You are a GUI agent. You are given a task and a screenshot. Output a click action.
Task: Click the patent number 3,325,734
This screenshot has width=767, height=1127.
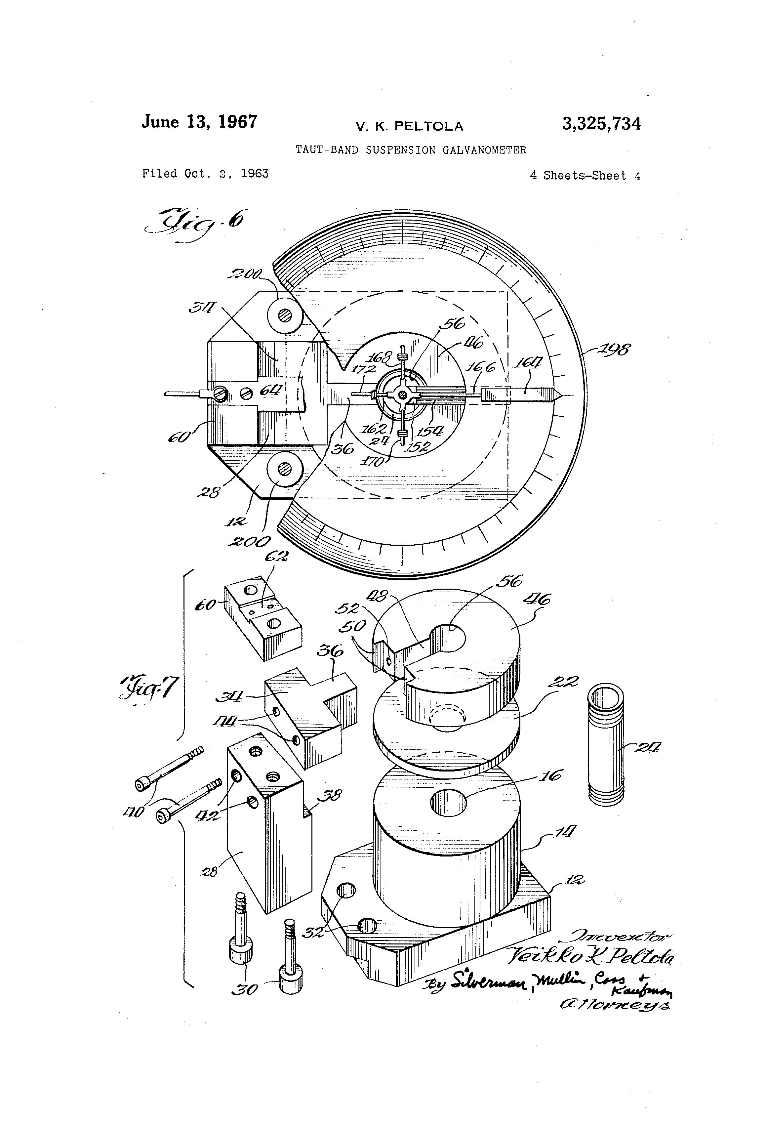click(x=601, y=124)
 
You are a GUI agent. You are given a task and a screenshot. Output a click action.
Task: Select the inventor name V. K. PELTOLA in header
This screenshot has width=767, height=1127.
click(x=409, y=127)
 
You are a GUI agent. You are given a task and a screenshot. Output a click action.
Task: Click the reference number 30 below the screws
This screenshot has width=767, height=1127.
click(x=245, y=989)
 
